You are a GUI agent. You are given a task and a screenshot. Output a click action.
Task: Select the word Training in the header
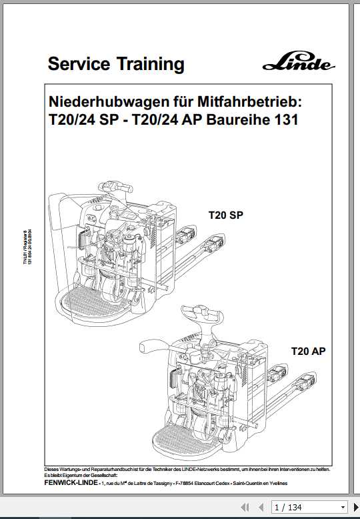(x=151, y=64)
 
